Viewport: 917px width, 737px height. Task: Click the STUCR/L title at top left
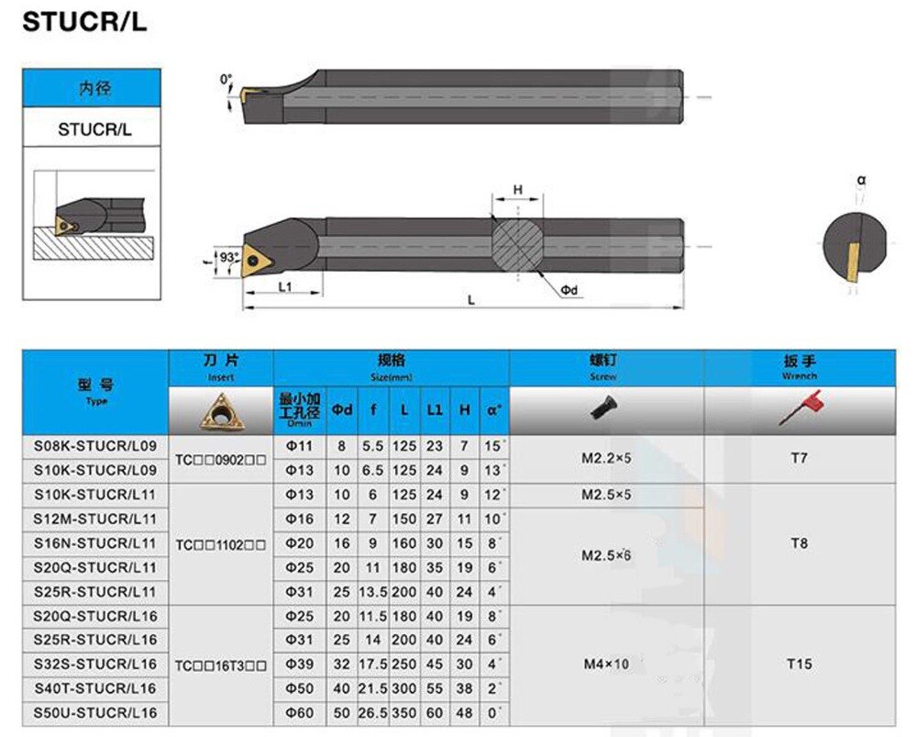(x=83, y=23)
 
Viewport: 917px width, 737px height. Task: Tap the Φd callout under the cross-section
(x=569, y=290)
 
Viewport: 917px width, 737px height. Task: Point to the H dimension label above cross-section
(x=517, y=190)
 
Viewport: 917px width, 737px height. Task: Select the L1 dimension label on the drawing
(x=284, y=287)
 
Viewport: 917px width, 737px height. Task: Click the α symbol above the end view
(x=862, y=180)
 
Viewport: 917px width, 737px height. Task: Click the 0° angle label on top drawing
(x=226, y=80)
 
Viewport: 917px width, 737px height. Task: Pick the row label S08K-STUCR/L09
(x=94, y=445)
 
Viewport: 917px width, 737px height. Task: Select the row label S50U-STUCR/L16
(x=94, y=712)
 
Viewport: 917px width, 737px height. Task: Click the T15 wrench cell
(x=799, y=664)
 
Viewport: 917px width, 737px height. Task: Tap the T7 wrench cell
(x=799, y=457)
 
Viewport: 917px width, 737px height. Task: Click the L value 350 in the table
(x=404, y=712)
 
